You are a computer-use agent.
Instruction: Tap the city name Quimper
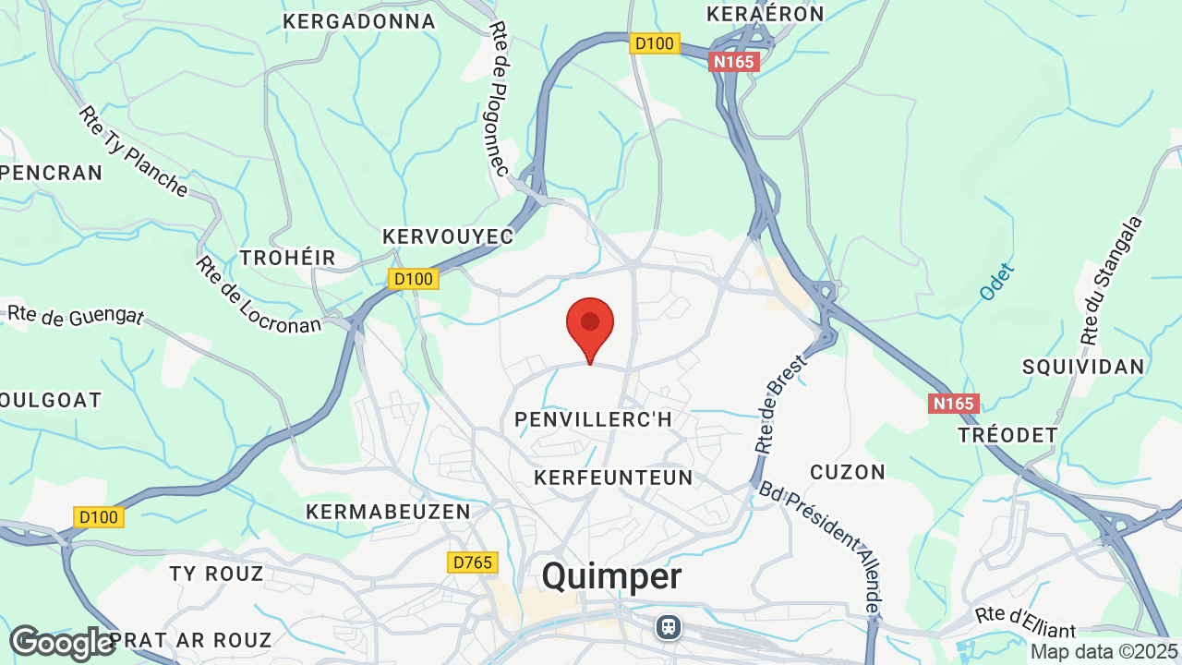point(611,576)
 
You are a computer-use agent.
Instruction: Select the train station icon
point(668,627)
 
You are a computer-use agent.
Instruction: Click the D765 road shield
point(474,562)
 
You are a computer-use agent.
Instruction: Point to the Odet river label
point(997,282)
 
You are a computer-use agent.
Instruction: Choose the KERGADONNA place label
point(359,21)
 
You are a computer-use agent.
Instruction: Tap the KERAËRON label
point(765,14)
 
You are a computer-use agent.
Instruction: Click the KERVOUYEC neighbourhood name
point(448,237)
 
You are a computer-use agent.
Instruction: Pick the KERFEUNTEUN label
point(613,477)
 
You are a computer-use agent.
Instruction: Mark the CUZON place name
point(848,472)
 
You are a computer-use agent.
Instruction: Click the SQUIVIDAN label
point(1083,367)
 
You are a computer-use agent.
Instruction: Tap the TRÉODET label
point(1007,435)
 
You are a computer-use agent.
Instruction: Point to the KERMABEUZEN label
point(388,511)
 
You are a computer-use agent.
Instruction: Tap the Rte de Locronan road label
point(257,295)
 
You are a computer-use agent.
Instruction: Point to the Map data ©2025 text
point(1104,652)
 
